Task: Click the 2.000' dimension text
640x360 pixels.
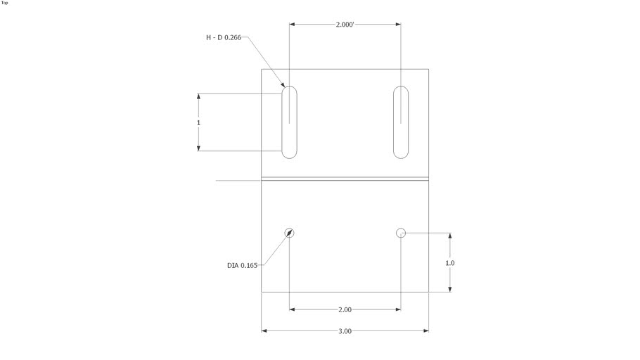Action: [x=345, y=25]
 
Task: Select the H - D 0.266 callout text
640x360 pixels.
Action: [x=224, y=37]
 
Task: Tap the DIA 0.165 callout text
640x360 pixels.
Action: [x=243, y=265]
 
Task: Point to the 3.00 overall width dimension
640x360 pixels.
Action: [x=345, y=331]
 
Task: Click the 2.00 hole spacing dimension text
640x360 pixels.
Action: [x=345, y=310]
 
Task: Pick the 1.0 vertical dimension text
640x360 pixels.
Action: [x=450, y=263]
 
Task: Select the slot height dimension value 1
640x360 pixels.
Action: [x=199, y=123]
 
